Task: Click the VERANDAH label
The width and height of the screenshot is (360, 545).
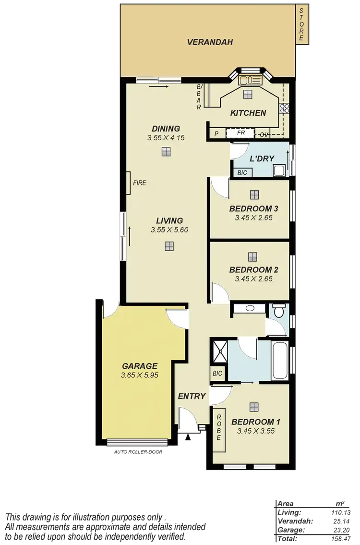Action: pyautogui.click(x=210, y=42)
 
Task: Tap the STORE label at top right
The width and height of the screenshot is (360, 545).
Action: pyautogui.click(x=301, y=24)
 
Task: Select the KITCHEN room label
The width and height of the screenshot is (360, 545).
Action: pyautogui.click(x=248, y=113)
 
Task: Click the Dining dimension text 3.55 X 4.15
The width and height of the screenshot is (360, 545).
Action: pyautogui.click(x=166, y=137)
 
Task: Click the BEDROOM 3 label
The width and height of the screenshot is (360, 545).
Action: pyautogui.click(x=254, y=208)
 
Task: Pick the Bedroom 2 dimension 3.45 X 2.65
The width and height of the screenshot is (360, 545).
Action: pyautogui.click(x=254, y=279)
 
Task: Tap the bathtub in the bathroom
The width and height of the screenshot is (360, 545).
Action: pyautogui.click(x=280, y=360)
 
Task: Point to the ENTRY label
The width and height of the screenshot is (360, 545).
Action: pyautogui.click(x=192, y=396)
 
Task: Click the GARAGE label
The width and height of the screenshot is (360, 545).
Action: pyautogui.click(x=139, y=366)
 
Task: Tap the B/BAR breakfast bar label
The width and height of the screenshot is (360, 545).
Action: pyautogui.click(x=199, y=97)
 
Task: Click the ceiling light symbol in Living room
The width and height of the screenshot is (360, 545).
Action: pyautogui.click(x=168, y=246)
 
